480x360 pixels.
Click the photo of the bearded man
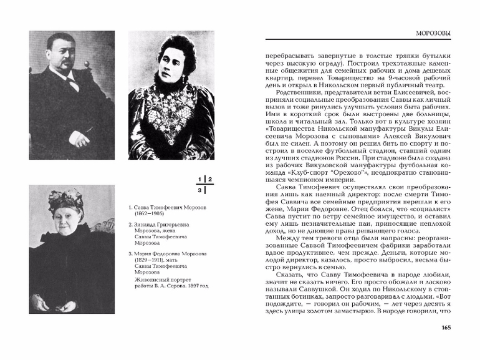pyautogui.click(x=72, y=95)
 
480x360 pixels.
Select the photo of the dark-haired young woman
pyautogui.click(x=171, y=95)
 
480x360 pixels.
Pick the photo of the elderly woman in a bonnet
pyautogui.click(x=71, y=251)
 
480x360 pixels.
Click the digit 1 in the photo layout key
pyautogui.click(x=201, y=180)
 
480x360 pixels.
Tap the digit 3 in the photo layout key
pyautogui.click(x=200, y=190)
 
